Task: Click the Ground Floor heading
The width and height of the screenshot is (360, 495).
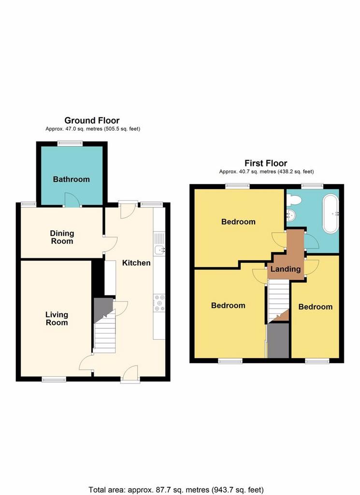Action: tap(92, 120)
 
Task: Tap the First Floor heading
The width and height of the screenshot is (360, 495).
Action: tap(266, 163)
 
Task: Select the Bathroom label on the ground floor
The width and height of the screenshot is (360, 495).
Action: tap(72, 179)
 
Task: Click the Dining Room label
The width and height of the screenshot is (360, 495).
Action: tap(62, 237)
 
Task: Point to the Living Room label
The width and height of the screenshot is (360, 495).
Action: tap(57, 318)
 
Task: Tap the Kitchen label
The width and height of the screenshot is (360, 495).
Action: tap(136, 262)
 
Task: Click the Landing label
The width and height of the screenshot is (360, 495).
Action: tap(286, 269)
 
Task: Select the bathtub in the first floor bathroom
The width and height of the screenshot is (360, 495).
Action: tap(331, 214)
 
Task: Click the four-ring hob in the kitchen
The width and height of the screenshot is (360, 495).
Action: tap(159, 303)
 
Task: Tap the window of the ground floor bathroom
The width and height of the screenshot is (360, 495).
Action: tap(70, 143)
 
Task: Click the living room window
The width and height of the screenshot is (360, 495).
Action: tap(54, 379)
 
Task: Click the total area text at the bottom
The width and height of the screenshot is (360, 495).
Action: tap(176, 490)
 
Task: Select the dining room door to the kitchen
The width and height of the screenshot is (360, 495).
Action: tap(111, 244)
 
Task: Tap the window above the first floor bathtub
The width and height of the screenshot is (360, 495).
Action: tap(312, 186)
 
